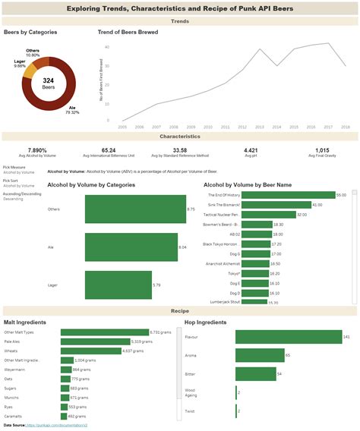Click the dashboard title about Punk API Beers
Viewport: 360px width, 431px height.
[x=180, y=8]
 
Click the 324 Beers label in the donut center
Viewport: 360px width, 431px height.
[x=49, y=83]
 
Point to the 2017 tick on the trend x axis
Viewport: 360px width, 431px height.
[x=328, y=127]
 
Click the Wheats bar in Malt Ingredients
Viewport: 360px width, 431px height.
[x=90, y=351]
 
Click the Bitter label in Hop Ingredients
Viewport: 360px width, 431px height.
[x=191, y=374]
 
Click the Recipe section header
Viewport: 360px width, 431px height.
[x=180, y=311]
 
